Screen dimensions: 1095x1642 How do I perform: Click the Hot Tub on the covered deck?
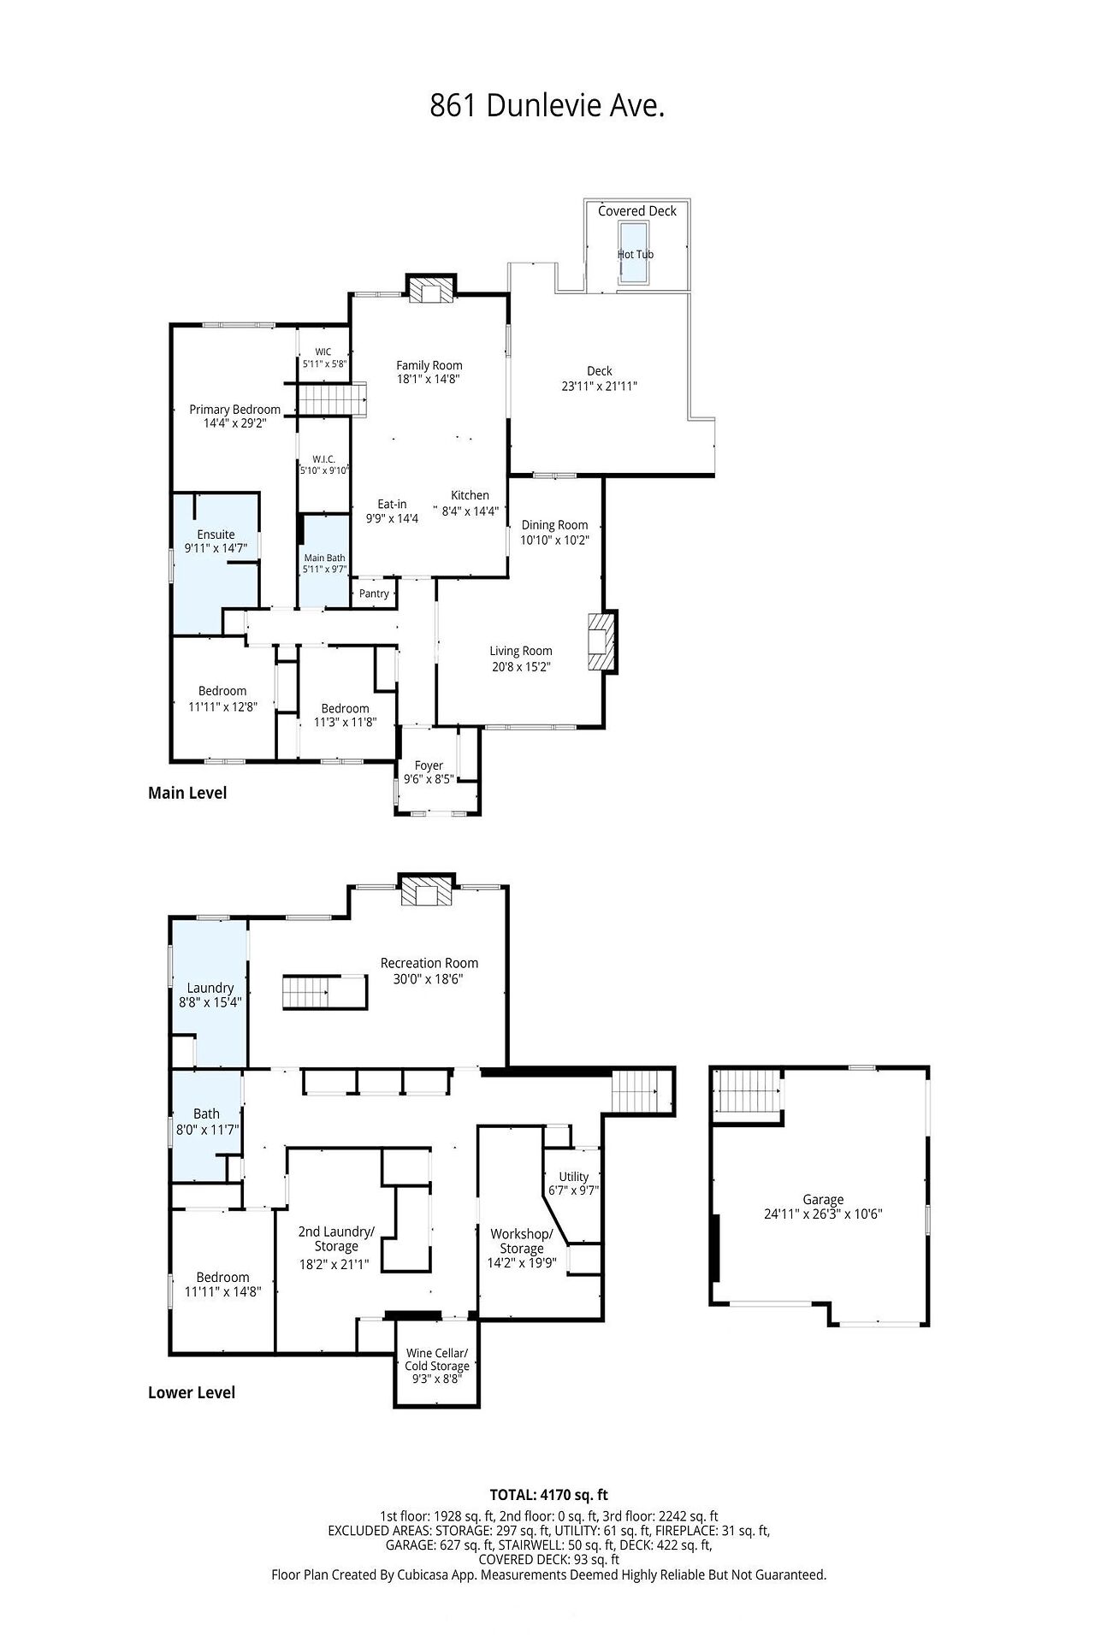635,252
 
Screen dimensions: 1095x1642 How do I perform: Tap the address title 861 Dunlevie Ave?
547,106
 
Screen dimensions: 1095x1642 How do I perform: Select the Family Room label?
429,365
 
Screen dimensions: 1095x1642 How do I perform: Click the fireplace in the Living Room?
602,641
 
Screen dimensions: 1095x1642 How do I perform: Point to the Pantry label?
375,594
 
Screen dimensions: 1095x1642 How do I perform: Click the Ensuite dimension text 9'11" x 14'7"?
216,548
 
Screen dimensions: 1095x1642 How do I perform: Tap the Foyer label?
429,765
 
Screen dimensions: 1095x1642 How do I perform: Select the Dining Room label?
555,525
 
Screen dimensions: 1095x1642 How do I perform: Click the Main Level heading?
187,793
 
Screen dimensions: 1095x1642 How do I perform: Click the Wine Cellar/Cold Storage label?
437,1359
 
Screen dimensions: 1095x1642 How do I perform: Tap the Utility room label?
574,1177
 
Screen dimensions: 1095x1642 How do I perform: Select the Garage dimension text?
823,1214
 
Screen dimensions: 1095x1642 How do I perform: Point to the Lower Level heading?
192,1392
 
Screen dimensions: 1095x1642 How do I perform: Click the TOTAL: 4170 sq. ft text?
548,1495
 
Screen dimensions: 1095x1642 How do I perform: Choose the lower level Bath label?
206,1113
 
